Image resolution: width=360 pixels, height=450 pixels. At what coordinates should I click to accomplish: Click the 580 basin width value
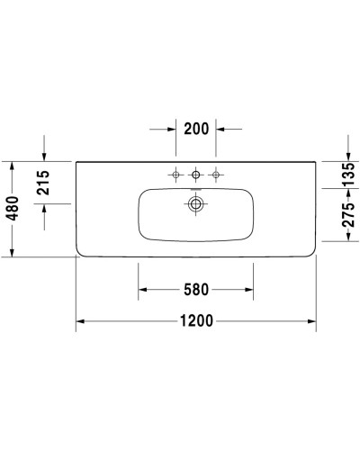pyautogui.click(x=195, y=290)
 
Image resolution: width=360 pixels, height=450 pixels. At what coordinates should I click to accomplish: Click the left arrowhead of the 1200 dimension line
pyautogui.click(x=80, y=321)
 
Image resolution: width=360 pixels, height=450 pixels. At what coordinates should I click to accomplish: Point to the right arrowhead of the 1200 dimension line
pyautogui.click(x=311, y=321)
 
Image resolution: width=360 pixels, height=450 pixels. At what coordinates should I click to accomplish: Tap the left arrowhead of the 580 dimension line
pyautogui.click(x=142, y=290)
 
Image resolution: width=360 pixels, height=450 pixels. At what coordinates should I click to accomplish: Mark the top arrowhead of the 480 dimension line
pyautogui.click(x=10, y=166)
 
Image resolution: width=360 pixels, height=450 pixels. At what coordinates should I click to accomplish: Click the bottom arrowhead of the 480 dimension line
pyautogui.click(x=10, y=253)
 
